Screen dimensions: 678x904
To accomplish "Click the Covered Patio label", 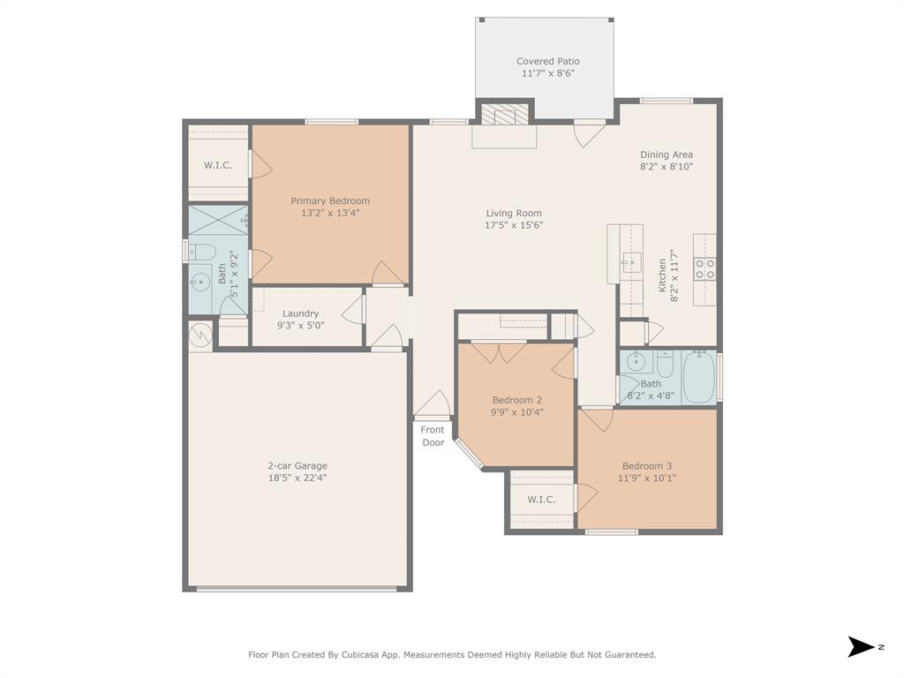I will pyautogui.click(x=547, y=61).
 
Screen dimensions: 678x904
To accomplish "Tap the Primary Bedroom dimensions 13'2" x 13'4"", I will pyautogui.click(x=330, y=213).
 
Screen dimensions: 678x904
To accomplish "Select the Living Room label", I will pyautogui.click(x=514, y=213).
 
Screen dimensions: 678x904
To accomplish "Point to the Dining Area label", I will pyautogui.click(x=667, y=154).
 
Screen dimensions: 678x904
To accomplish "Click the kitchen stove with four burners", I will pyautogui.click(x=704, y=268).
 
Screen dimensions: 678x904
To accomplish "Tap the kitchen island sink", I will pyautogui.click(x=631, y=261).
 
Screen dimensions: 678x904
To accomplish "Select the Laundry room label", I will pyautogui.click(x=300, y=313).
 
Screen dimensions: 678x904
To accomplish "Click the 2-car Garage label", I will pyautogui.click(x=298, y=465).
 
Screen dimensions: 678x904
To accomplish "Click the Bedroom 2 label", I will pyautogui.click(x=517, y=400).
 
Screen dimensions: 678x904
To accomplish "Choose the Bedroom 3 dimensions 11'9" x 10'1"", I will pyautogui.click(x=647, y=478).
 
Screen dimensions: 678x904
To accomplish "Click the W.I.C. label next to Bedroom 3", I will pyautogui.click(x=541, y=500).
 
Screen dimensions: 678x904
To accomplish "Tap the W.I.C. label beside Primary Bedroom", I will pyautogui.click(x=218, y=165).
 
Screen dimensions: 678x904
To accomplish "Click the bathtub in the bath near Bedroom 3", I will pyautogui.click(x=698, y=377).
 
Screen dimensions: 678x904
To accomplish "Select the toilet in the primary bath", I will pyautogui.click(x=200, y=250).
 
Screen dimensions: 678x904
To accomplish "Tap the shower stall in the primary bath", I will pyautogui.click(x=217, y=218).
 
